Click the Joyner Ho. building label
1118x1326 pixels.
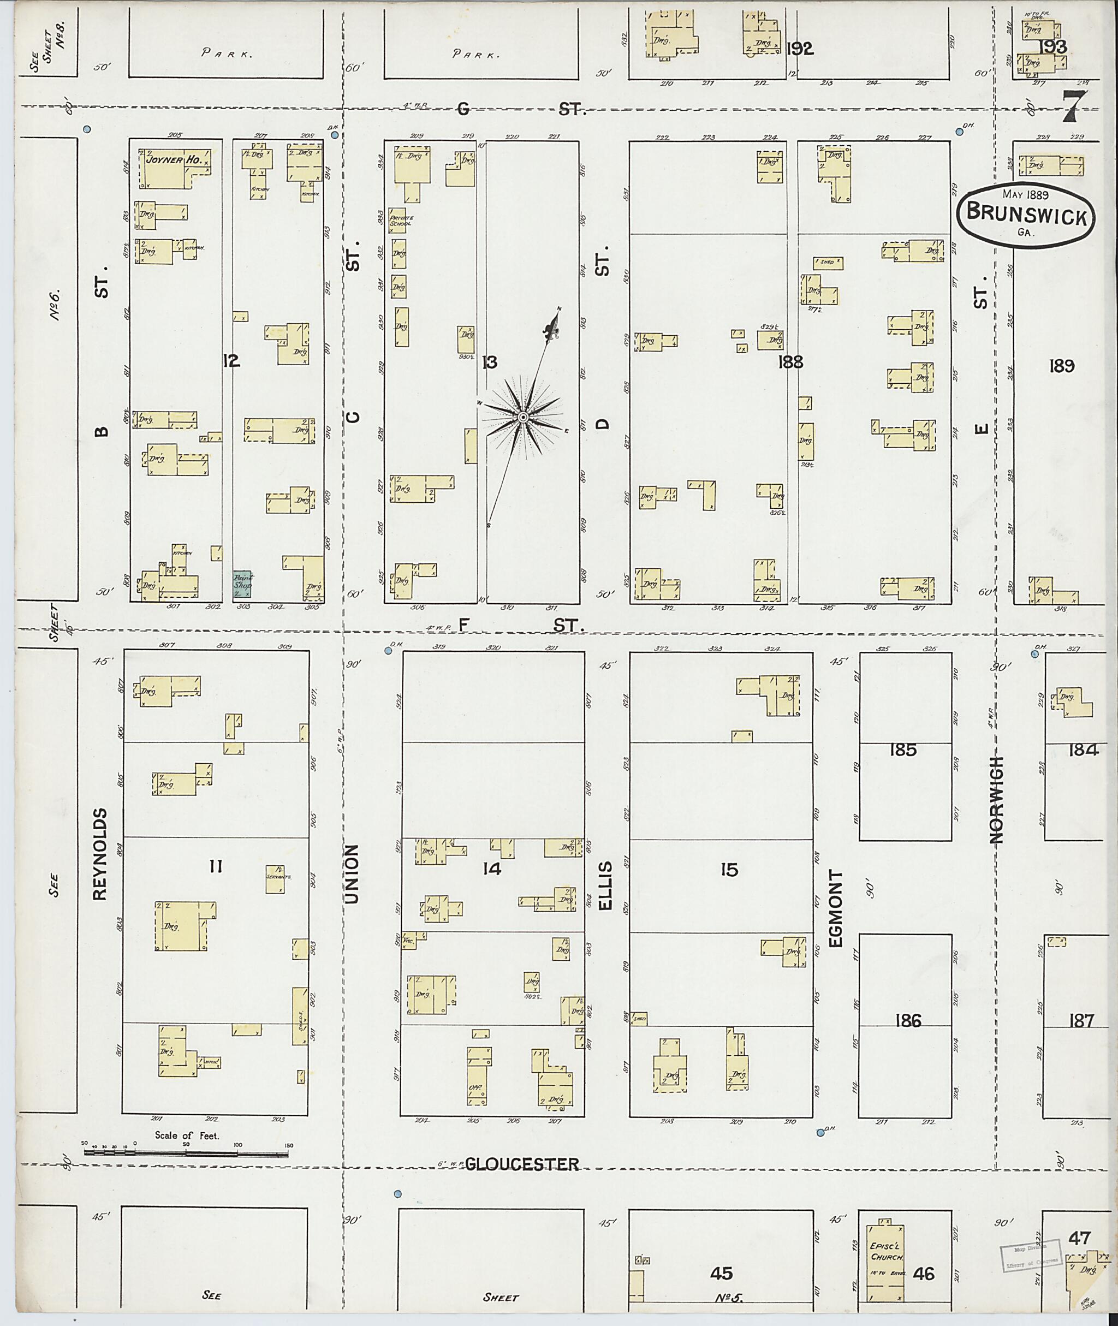(174, 161)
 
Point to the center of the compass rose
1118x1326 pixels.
(523, 417)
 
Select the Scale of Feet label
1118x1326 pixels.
(187, 1135)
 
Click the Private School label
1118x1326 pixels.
(401, 220)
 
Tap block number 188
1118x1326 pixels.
(792, 362)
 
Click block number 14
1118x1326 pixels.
(491, 869)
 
